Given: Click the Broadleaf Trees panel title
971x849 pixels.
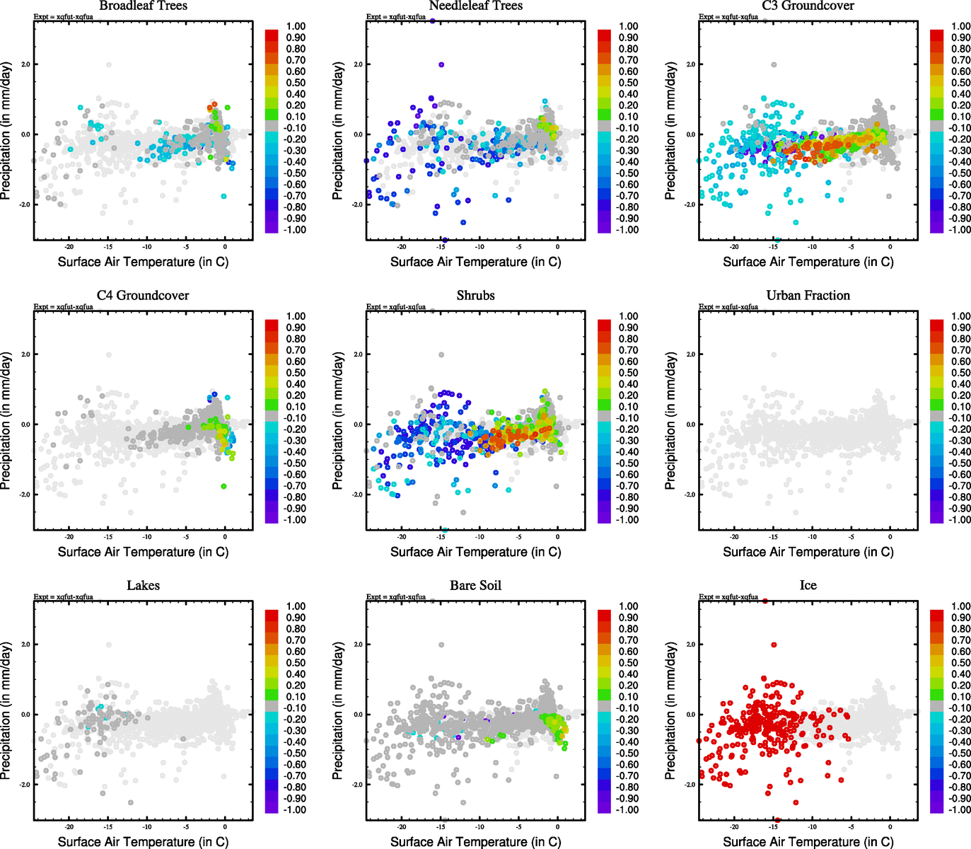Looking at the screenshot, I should pyautogui.click(x=143, y=6).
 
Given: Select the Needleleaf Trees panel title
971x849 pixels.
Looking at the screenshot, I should pyautogui.click(x=475, y=6).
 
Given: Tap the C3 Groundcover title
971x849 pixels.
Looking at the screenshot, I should pyautogui.click(x=808, y=6).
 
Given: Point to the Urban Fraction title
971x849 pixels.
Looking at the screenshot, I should pyautogui.click(x=808, y=296).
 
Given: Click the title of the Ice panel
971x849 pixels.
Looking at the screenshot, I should pyautogui.click(x=808, y=586).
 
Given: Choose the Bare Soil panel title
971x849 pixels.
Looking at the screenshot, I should pyautogui.click(x=475, y=586).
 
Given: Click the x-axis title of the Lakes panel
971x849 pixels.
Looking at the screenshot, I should pyautogui.click(x=143, y=842).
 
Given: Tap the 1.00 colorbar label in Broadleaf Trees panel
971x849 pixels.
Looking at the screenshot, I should pyautogui.click(x=296, y=26).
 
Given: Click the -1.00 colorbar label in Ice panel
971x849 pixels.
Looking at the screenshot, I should pyautogui.click(x=960, y=810).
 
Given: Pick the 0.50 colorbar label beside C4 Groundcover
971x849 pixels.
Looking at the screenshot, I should pyautogui.click(x=296, y=373).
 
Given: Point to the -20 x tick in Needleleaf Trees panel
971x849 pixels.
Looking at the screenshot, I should pyautogui.click(x=402, y=247).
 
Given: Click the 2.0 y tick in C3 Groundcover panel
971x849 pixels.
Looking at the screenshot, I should pyautogui.click(x=690, y=64).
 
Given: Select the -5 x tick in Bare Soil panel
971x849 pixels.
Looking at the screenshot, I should pyautogui.click(x=518, y=827).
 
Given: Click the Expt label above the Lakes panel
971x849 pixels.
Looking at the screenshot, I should pyautogui.click(x=64, y=597).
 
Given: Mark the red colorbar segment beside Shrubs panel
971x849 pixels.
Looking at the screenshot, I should pyautogui.click(x=604, y=325).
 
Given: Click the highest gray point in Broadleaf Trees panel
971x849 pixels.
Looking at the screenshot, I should pyautogui.click(x=109, y=64).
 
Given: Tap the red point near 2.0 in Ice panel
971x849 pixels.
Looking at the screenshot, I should pyautogui.click(x=774, y=645).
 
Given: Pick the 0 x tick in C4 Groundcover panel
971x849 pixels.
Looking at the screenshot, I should pyautogui.click(x=225, y=537).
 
